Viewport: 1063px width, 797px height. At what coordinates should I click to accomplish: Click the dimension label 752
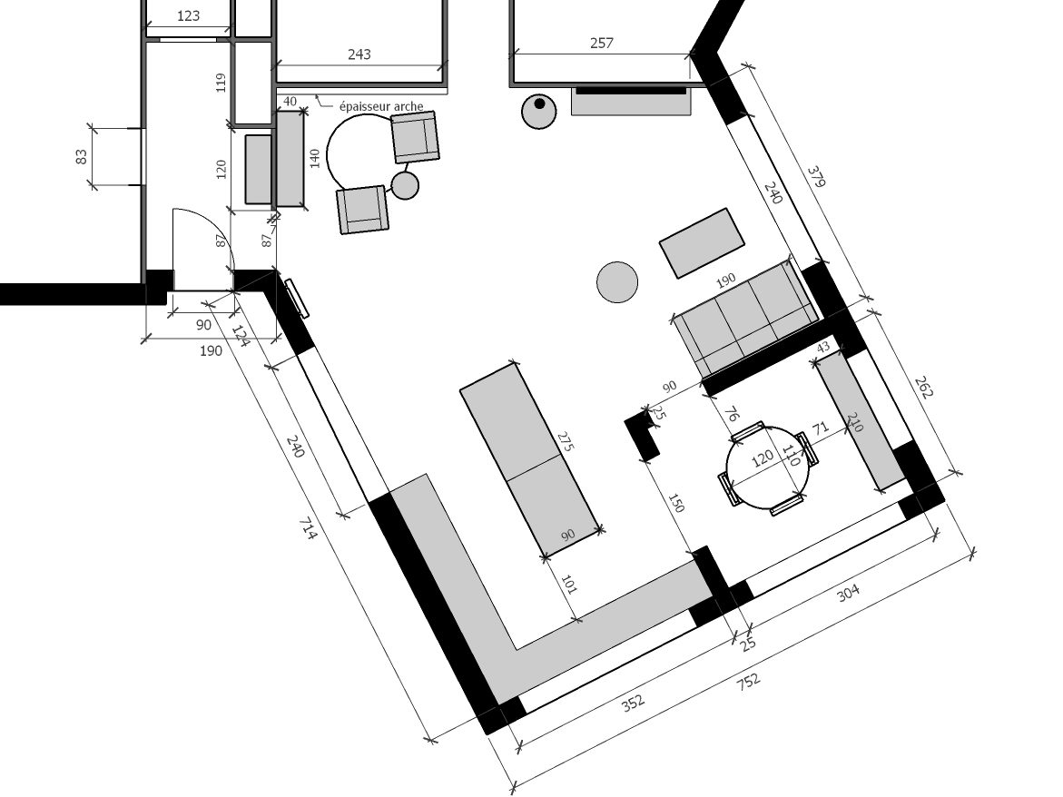point(748,681)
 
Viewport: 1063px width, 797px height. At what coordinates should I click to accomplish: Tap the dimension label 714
point(309,528)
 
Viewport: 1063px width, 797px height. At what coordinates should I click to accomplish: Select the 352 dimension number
point(633,703)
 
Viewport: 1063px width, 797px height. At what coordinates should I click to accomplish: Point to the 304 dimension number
point(849,593)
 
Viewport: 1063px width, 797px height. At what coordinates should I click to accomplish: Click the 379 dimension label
point(816,175)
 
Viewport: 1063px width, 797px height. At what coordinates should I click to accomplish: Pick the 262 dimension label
point(924,387)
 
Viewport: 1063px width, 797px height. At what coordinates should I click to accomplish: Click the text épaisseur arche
point(381,106)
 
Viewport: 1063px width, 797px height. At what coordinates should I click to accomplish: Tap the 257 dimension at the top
point(601,44)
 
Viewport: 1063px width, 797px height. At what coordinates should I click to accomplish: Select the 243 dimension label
point(359,54)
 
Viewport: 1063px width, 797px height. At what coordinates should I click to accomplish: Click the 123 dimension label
point(188,15)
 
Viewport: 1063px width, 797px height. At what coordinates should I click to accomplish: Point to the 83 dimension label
point(82,156)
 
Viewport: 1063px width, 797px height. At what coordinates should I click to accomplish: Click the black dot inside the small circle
point(539,103)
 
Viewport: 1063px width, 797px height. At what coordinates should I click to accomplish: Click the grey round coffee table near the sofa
point(617,282)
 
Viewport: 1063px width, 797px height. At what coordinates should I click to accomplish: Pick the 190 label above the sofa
point(725,280)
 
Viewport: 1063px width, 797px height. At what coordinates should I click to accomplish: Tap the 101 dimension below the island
point(569,585)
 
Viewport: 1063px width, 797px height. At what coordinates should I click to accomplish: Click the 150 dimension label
point(676,504)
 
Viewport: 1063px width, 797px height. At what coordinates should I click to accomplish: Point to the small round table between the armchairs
point(406,185)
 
